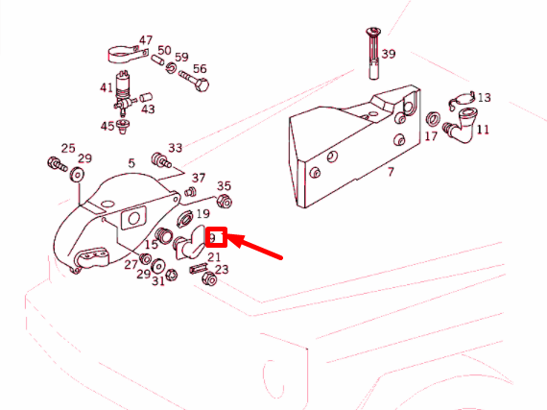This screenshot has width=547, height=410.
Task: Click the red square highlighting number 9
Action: coord(216,237)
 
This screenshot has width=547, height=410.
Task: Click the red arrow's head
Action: coord(235,240)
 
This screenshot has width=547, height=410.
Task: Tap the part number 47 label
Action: coord(146,40)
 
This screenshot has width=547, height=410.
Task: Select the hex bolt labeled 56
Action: coord(194,81)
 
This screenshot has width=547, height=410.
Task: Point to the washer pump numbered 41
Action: coord(123,92)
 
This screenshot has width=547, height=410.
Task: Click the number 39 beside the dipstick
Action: coord(389,54)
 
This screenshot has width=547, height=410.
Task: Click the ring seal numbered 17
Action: coord(433,119)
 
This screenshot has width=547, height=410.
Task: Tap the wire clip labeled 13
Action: coord(462,100)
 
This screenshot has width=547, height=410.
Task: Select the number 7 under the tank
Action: coord(391,172)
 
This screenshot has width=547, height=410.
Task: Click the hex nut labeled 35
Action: coord(224,202)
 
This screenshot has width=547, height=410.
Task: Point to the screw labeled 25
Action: coord(57,164)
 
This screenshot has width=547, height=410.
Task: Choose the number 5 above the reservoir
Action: coord(131,163)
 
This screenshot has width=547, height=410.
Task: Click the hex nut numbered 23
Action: coord(209,278)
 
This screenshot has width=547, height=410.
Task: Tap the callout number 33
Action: coord(175,148)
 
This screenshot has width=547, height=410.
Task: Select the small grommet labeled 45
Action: coord(123,126)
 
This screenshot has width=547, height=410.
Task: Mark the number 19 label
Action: coord(203,213)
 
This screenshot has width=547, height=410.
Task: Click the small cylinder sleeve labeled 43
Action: coord(146,97)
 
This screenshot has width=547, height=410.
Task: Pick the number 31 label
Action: coord(158,281)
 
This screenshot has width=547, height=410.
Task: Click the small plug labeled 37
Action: coord(190,192)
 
